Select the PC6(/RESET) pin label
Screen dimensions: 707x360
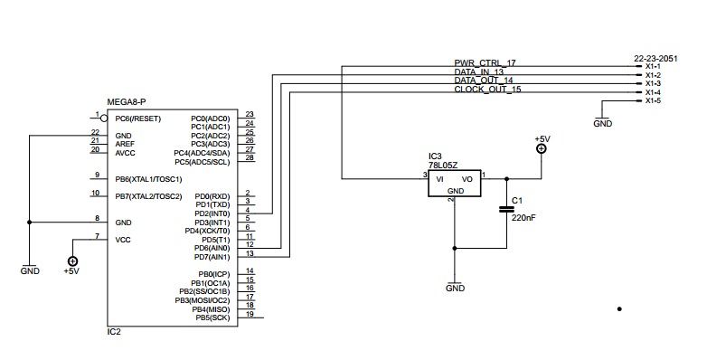click(x=138, y=119)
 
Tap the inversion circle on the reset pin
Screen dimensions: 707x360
click(x=104, y=118)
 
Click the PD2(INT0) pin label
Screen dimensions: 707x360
click(x=212, y=213)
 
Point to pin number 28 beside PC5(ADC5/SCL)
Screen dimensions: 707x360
click(x=250, y=158)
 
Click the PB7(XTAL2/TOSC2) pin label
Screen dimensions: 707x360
click(x=149, y=196)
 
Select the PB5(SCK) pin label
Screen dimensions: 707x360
click(x=213, y=318)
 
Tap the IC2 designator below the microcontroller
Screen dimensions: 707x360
click(x=114, y=332)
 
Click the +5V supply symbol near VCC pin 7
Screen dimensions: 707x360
click(x=72, y=261)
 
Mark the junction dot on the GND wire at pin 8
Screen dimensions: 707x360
click(x=29, y=223)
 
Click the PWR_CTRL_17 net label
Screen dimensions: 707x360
click(x=485, y=63)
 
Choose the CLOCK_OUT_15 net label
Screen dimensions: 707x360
click(x=487, y=90)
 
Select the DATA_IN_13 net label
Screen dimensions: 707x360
click(x=479, y=71)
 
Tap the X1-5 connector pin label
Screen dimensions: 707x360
click(x=653, y=100)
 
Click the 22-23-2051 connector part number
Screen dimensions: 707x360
click(x=655, y=59)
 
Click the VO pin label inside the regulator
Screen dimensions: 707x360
click(x=467, y=180)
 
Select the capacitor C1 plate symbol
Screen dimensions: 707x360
click(x=506, y=209)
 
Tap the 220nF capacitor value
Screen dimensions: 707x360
click(x=523, y=217)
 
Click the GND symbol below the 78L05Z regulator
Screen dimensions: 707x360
click(x=455, y=286)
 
